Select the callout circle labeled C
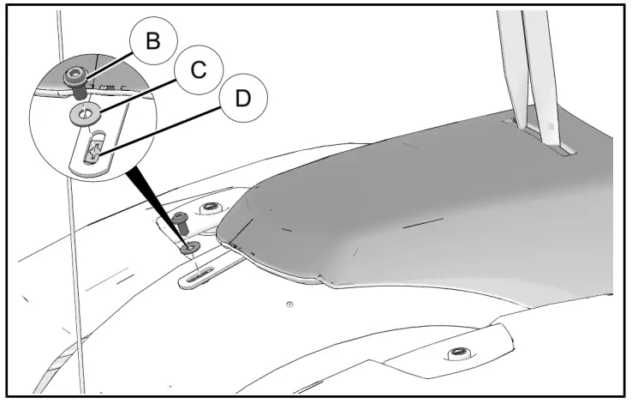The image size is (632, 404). [x=198, y=70]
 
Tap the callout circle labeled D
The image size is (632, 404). [x=243, y=99]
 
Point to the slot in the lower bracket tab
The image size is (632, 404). [x=202, y=274]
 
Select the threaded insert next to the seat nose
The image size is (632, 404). [x=207, y=207]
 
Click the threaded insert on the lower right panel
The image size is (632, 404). [x=459, y=353]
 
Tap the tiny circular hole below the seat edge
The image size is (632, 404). [x=289, y=305]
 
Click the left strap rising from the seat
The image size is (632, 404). [x=515, y=69]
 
